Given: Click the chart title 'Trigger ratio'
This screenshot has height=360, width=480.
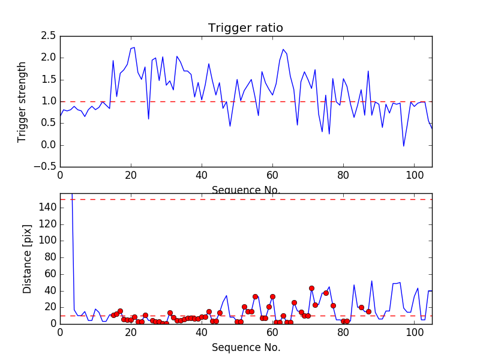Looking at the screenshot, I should (x=245, y=28).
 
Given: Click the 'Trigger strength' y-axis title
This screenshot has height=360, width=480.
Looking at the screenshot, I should (x=22, y=101).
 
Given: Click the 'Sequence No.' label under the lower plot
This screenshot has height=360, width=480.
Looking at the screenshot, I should (x=245, y=347).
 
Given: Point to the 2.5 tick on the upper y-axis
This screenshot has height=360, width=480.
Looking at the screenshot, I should (x=48, y=36).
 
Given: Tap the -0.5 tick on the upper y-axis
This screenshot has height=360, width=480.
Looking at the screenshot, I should (x=46, y=167).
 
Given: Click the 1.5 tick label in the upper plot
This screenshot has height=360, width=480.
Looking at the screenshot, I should (x=48, y=80).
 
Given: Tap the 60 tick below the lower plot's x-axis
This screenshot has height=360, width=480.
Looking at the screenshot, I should (x=272, y=334).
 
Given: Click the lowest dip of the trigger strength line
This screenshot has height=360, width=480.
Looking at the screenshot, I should (x=404, y=146).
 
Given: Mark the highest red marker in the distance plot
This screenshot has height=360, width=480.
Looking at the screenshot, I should (x=311, y=288).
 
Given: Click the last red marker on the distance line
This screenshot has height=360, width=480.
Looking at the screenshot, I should (x=368, y=311).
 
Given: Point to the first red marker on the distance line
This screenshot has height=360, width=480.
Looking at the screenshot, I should (x=113, y=315).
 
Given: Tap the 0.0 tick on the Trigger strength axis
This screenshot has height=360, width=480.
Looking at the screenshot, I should (x=48, y=145).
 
